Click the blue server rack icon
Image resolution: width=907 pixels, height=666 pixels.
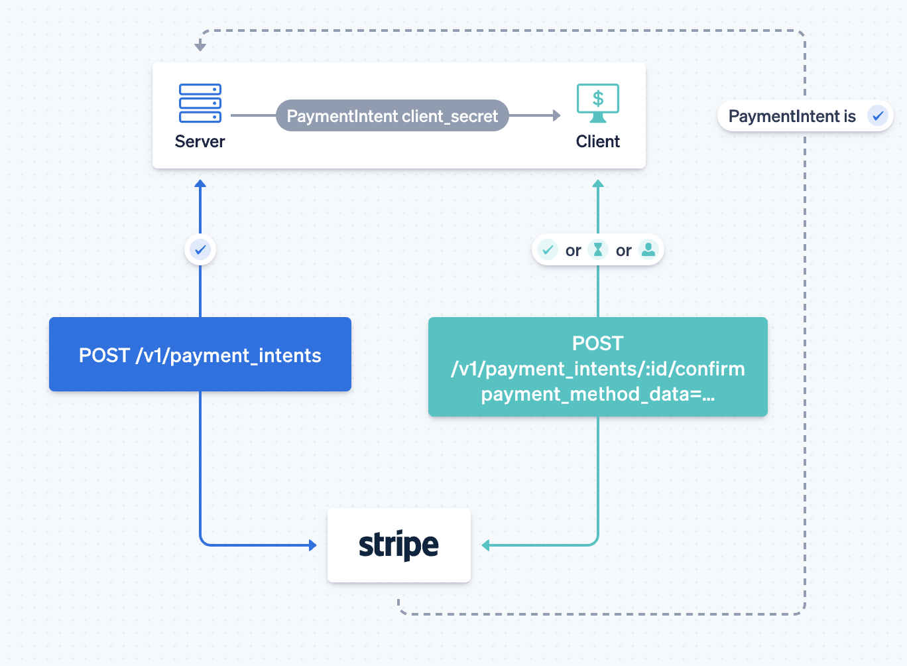(x=200, y=103)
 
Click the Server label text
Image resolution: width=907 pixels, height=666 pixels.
(x=200, y=141)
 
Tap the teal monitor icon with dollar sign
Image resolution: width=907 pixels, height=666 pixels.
(x=597, y=103)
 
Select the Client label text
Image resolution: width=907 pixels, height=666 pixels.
(x=597, y=141)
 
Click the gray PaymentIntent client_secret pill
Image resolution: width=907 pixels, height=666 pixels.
(x=392, y=115)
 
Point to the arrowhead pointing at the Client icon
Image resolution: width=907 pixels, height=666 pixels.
(x=557, y=115)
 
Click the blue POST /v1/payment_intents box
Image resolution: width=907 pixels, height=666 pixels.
(x=200, y=354)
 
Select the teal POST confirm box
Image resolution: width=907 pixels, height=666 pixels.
(x=597, y=367)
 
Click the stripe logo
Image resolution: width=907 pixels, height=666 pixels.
(x=398, y=545)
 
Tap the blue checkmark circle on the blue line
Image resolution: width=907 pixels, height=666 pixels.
(x=200, y=249)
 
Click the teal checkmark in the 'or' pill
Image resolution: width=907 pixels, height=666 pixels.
(x=548, y=249)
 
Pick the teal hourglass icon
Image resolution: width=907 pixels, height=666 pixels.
(x=597, y=249)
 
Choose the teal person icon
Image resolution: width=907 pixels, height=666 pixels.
(x=648, y=249)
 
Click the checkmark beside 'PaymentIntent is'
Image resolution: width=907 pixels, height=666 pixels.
(x=878, y=116)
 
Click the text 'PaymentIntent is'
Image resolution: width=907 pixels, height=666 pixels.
(x=792, y=116)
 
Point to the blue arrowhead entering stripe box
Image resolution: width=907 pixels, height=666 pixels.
(x=312, y=545)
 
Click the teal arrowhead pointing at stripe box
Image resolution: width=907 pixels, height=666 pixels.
(x=485, y=545)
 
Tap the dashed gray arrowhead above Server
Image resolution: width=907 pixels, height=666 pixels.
(x=200, y=47)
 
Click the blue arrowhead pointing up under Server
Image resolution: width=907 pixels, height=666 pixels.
(x=200, y=184)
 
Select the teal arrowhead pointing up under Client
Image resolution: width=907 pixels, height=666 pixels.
(x=598, y=184)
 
